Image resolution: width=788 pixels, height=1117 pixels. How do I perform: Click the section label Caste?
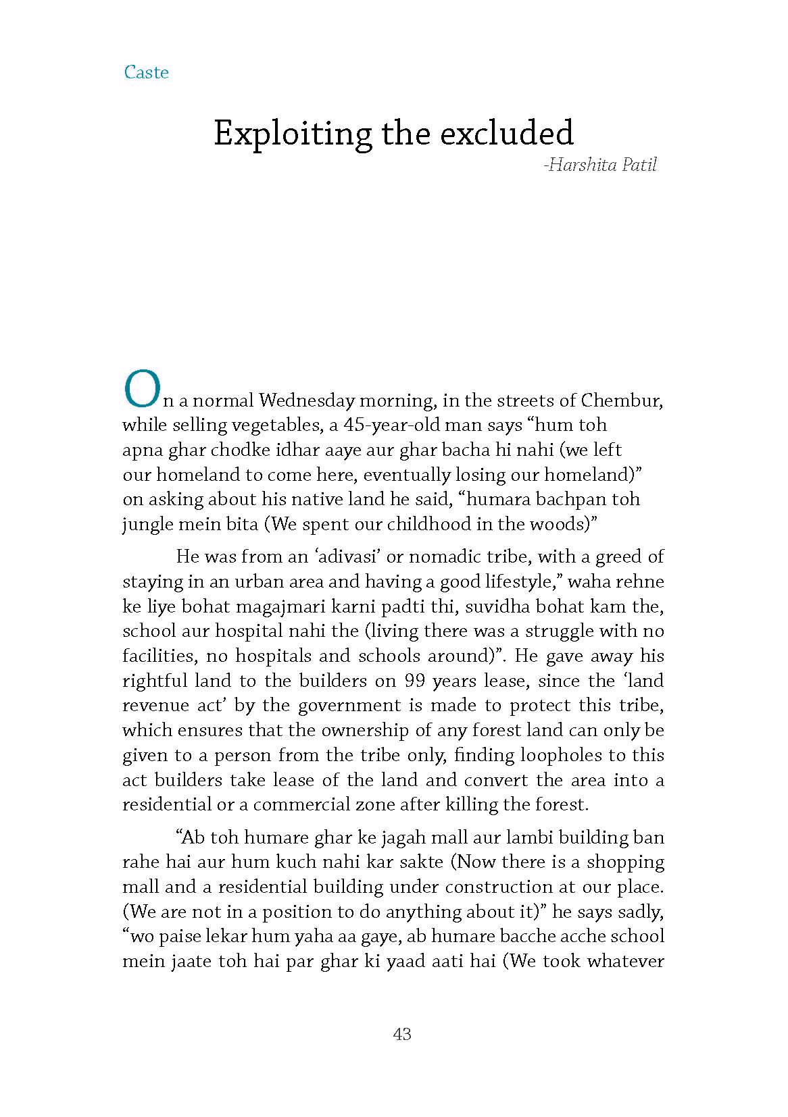pyautogui.click(x=146, y=72)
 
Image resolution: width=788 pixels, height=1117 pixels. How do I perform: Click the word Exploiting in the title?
pyautogui.click(x=292, y=133)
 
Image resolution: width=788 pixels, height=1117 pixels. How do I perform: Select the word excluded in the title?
pyautogui.click(x=507, y=132)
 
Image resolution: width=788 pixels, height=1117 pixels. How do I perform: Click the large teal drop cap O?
pyautogui.click(x=142, y=390)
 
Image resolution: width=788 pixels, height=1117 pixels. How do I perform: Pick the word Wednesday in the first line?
pyautogui.click(x=306, y=400)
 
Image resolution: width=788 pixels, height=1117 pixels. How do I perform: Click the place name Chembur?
pyautogui.click(x=620, y=400)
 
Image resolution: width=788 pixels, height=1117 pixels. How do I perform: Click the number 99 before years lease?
pyautogui.click(x=415, y=681)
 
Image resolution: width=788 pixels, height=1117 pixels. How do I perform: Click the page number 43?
pyautogui.click(x=401, y=1034)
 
